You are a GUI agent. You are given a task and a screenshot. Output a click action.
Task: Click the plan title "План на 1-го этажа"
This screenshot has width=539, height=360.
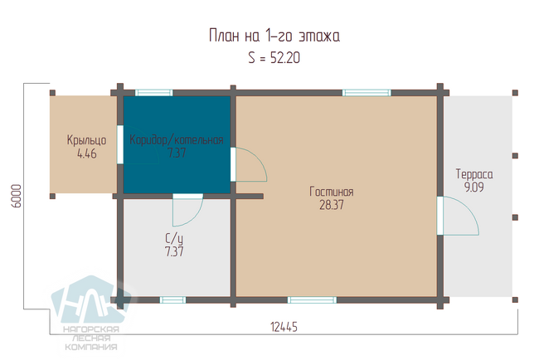click(274, 36)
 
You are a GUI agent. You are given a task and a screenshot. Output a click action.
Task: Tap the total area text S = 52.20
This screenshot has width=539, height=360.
click(274, 58)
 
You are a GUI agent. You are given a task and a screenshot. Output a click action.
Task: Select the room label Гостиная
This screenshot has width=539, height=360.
click(332, 192)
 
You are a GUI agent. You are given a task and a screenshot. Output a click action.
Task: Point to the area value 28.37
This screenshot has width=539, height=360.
click(332, 205)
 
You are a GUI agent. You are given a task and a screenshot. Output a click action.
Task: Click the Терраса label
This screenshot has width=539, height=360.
click(474, 174)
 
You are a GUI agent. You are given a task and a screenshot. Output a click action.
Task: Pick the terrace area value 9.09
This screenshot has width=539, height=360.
click(474, 187)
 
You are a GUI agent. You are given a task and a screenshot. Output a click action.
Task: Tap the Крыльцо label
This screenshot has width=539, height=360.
click(86, 140)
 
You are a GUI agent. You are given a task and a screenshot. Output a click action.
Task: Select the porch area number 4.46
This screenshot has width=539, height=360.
click(86, 153)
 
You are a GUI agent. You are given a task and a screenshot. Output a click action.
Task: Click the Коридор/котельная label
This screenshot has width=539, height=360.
click(177, 139)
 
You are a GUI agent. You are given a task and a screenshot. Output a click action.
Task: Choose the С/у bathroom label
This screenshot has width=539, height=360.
click(174, 238)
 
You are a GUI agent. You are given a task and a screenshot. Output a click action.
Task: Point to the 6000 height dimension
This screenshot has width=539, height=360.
click(16, 196)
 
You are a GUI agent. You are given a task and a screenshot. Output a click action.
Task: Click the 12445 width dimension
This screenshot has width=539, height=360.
click(284, 327)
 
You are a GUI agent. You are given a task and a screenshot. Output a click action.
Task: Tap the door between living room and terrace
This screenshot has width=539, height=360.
click(458, 216)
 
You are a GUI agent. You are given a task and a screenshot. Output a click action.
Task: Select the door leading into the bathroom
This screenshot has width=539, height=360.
click(187, 210)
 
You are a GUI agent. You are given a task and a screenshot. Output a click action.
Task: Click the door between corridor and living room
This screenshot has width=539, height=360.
click(249, 164)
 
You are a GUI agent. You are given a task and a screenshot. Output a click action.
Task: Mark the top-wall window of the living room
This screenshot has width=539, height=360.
click(367, 93)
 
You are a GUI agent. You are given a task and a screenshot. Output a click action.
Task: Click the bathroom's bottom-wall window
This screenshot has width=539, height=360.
click(172, 299)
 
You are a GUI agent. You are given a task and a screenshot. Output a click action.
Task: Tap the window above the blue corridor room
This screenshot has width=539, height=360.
click(153, 93)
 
